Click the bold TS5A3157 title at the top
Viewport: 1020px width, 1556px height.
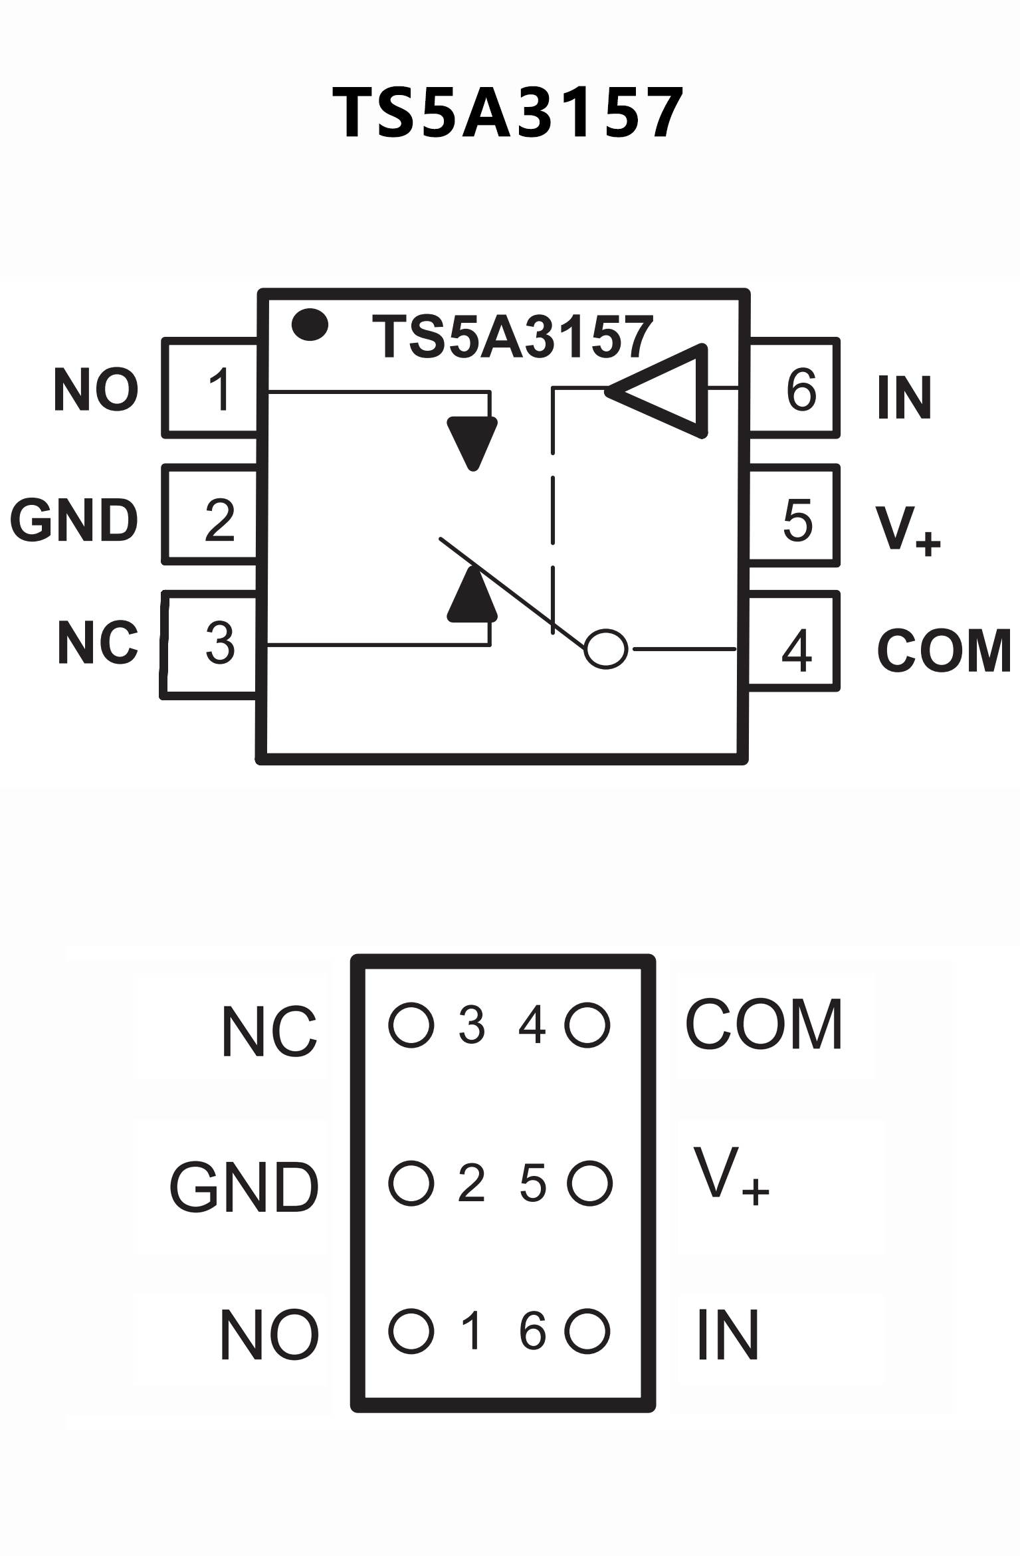(508, 113)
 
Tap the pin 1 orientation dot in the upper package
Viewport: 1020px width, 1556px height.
(310, 325)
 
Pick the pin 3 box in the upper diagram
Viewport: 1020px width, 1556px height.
(210, 644)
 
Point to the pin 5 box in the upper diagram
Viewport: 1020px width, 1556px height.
(793, 516)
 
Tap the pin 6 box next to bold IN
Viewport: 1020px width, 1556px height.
(795, 389)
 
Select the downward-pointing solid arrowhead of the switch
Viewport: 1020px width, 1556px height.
(472, 442)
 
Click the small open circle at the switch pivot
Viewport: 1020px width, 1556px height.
(605, 648)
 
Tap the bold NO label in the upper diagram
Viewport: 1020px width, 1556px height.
(96, 390)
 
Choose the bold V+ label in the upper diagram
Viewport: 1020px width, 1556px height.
(908, 529)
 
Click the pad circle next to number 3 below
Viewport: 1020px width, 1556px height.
(411, 1025)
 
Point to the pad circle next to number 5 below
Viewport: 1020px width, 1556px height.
(589, 1183)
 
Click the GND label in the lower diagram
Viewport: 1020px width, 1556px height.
(245, 1187)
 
